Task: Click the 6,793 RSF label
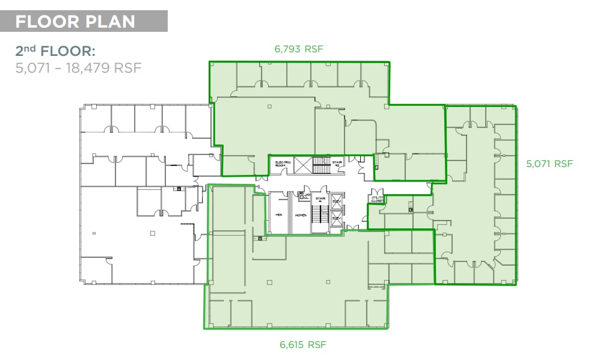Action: click(x=299, y=49)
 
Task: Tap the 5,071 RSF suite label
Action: click(x=549, y=163)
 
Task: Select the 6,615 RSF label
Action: click(x=303, y=344)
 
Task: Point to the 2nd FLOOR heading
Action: click(x=55, y=50)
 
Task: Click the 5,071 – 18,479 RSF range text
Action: click(x=78, y=67)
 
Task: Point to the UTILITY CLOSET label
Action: click(x=377, y=198)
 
